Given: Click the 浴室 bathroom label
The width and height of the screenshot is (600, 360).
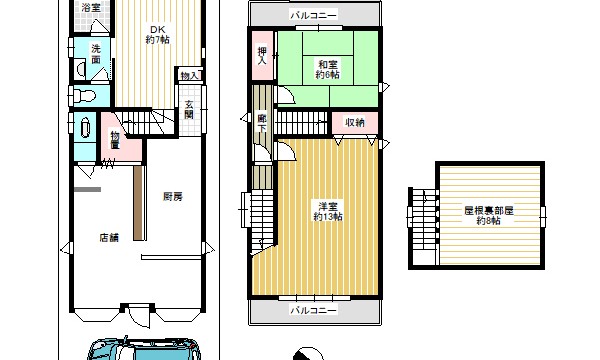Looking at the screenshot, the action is point(91,7).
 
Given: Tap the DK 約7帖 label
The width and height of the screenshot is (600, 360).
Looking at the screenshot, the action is point(157,34).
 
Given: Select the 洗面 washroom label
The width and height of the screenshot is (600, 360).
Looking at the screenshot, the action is point(96,54).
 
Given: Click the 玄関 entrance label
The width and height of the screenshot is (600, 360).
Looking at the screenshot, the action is point(189,109).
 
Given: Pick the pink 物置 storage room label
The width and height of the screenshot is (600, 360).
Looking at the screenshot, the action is point(115,140).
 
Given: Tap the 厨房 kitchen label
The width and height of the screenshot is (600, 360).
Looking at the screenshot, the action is point(173,197).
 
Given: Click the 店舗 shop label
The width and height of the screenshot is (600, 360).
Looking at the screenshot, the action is point(109,238).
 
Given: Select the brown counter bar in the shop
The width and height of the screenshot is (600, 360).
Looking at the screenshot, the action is point(139,203).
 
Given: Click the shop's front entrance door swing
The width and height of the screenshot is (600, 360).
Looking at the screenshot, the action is point(140,316).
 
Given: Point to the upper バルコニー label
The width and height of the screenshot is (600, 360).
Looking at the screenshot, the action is point(314,15).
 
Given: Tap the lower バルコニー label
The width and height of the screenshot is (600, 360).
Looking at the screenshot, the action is point(314,310).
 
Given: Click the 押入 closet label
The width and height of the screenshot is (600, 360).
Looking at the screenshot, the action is point(262,56).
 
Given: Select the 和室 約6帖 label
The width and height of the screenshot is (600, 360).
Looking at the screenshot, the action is point(328,69).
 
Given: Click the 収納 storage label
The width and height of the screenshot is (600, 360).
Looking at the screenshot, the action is point(355,123).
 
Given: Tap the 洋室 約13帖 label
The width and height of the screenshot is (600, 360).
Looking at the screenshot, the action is point(328,212).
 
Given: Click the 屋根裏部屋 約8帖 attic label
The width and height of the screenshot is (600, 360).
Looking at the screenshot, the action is point(489,215).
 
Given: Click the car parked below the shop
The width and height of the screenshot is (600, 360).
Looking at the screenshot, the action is point(144,349).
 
